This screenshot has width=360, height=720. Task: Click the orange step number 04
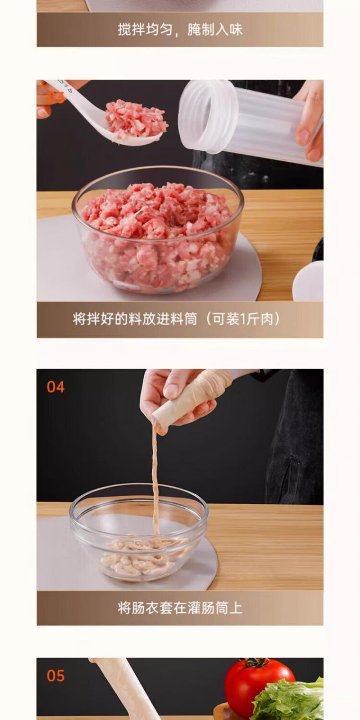[56, 387]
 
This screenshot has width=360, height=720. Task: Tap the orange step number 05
[56, 676]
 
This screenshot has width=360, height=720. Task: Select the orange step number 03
[56, 97]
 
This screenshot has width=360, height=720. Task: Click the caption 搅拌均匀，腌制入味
[180, 30]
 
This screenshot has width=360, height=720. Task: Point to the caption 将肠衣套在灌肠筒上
[180, 608]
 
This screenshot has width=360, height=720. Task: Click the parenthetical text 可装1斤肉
[243, 319]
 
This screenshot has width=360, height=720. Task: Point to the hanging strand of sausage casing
[155, 479]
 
